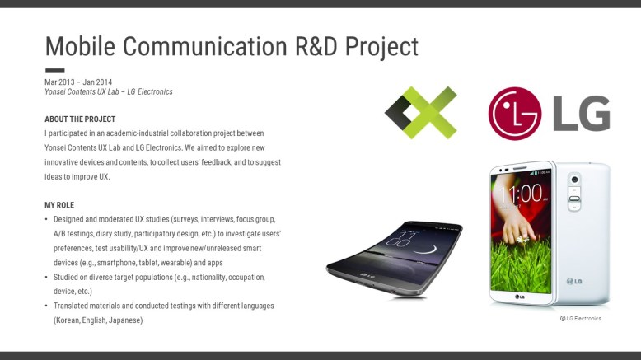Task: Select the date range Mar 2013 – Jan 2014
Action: pos(78,82)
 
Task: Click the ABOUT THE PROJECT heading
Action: pos(80,119)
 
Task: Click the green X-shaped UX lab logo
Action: pos(421,112)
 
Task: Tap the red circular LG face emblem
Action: pos(514,114)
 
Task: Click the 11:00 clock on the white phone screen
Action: pos(522,194)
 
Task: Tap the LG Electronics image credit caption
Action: pos(580,319)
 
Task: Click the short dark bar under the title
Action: pos(54,71)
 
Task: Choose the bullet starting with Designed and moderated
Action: pos(165,219)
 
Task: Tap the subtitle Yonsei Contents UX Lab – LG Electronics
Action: pos(109,91)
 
